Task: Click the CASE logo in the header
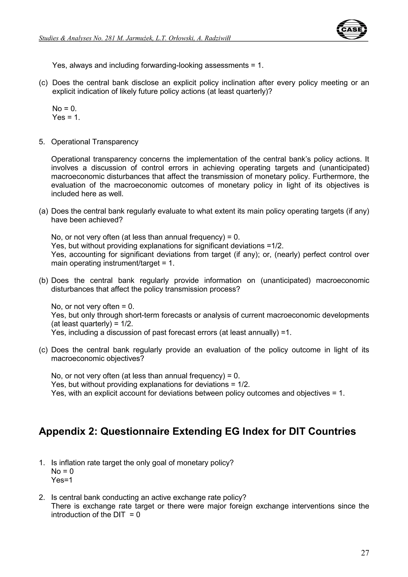pos(351,29)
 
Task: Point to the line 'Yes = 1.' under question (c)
pos(66,117)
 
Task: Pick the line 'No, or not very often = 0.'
pos(92,306)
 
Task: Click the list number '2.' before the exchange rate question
pos(42,497)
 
